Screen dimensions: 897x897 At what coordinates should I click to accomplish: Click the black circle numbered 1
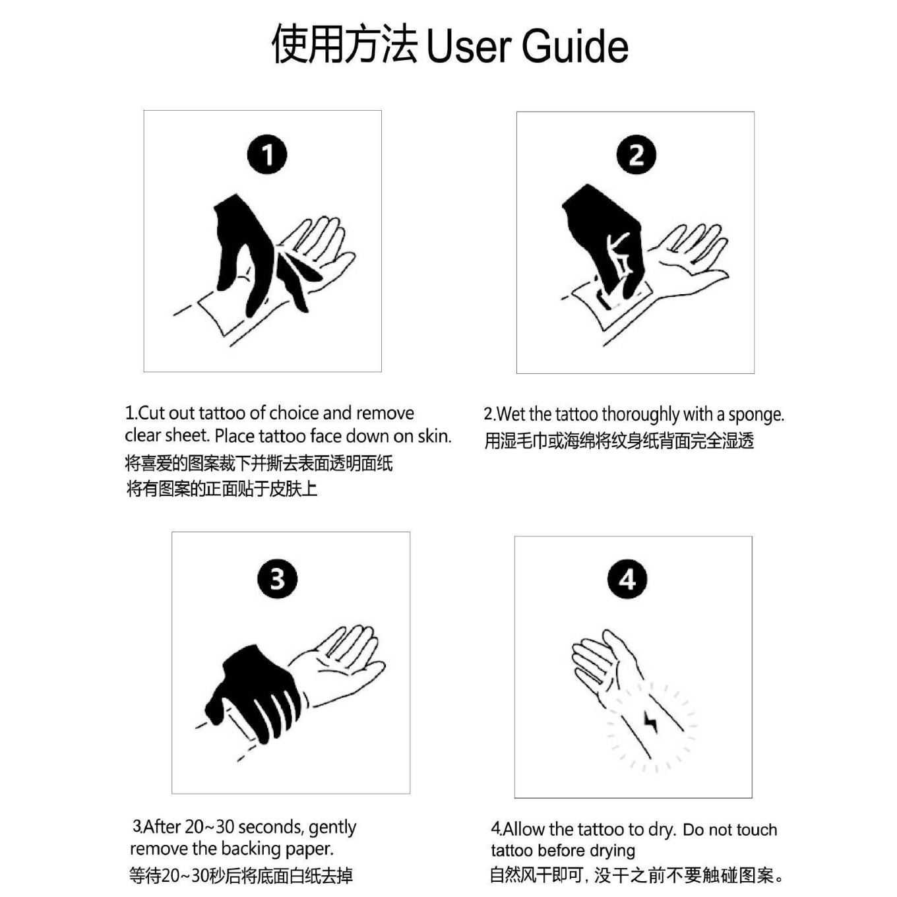(267, 155)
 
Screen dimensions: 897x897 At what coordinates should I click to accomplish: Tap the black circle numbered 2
(636, 155)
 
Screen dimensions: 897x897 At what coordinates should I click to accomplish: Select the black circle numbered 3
(276, 579)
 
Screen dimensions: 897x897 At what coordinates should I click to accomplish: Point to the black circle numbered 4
(627, 579)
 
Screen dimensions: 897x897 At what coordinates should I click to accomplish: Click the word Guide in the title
(574, 46)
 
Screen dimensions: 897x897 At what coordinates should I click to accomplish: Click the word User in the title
(468, 46)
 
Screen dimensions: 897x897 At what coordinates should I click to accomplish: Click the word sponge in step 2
(756, 415)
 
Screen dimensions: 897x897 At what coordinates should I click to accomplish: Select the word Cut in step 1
(151, 414)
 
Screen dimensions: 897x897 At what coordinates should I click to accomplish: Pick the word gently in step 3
(332, 827)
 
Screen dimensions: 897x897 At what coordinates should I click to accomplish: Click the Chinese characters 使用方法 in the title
(344, 45)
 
